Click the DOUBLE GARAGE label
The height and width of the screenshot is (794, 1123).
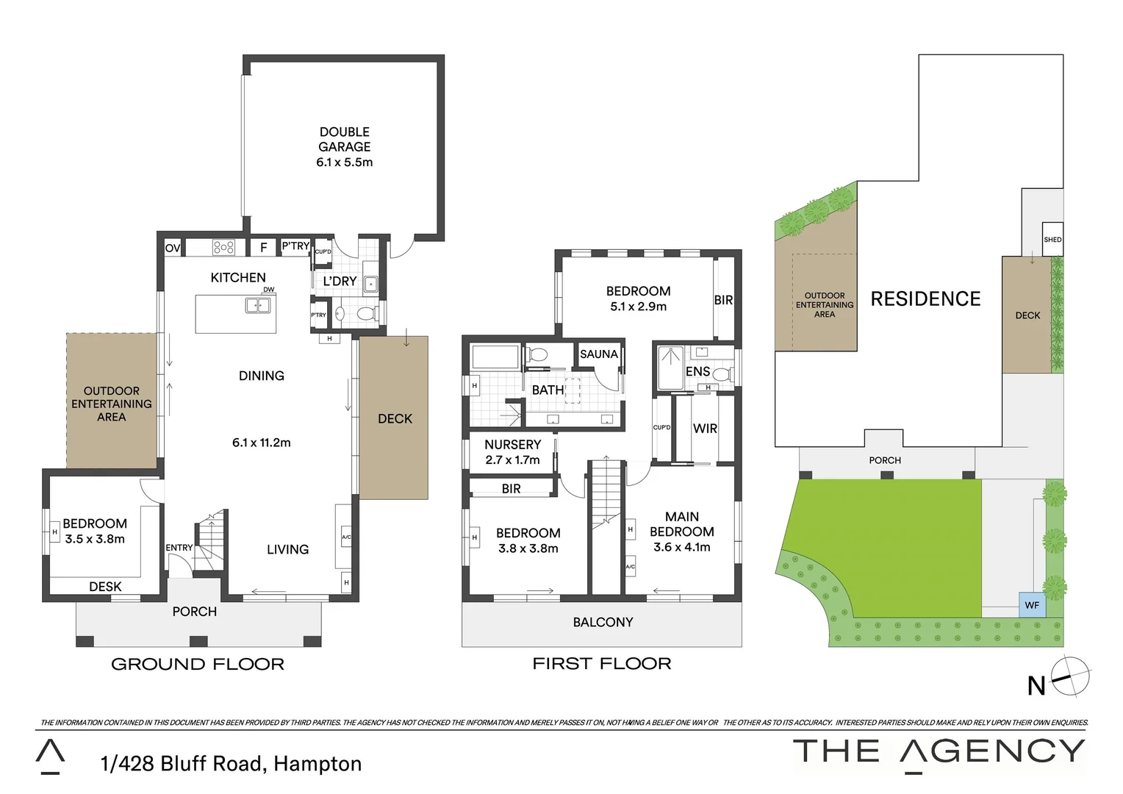point(344,147)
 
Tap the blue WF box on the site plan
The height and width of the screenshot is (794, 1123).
point(1032,605)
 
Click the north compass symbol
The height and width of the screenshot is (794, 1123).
point(1072,676)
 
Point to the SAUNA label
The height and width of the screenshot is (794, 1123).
point(598,354)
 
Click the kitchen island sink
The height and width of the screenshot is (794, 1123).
point(257,306)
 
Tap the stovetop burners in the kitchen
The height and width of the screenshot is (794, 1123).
point(223,248)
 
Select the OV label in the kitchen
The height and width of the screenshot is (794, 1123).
point(173,248)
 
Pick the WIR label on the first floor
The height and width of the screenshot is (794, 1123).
point(705,429)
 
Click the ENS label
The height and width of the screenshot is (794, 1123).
point(697,372)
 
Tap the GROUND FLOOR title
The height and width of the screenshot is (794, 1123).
point(197,665)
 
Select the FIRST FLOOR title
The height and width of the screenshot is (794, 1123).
point(601,664)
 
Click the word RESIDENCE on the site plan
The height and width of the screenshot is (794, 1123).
point(925,299)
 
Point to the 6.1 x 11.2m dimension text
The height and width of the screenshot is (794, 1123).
point(261,443)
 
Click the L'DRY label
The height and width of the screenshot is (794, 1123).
point(340,282)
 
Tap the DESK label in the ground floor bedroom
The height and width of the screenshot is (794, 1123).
point(105,587)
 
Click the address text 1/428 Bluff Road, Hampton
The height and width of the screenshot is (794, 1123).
point(231,764)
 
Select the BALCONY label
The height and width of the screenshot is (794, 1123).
point(603,623)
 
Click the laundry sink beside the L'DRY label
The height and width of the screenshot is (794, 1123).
point(371,283)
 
